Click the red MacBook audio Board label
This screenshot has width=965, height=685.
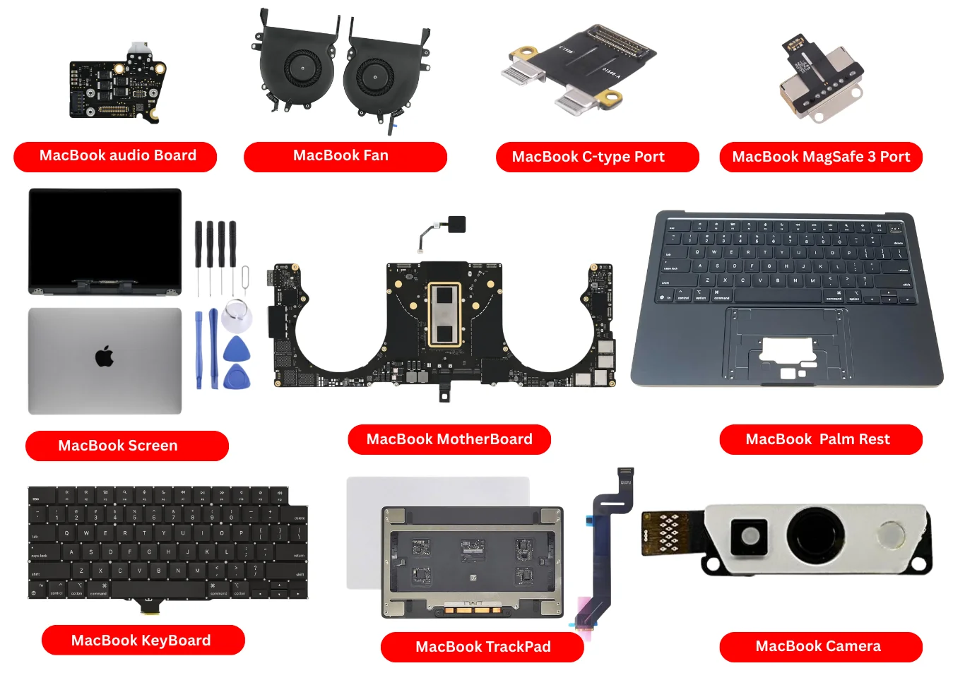click(115, 156)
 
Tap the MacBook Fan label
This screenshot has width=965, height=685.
click(345, 156)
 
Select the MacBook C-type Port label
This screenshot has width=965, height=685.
click(597, 157)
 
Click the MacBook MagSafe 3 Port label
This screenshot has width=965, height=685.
click(821, 157)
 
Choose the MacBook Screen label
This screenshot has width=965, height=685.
click(127, 446)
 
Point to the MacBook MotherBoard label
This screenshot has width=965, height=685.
click(449, 439)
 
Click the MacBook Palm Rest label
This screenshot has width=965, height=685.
click(821, 439)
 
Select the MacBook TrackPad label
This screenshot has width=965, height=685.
click(482, 647)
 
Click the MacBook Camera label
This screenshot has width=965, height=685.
click(821, 646)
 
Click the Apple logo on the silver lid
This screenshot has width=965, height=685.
click(105, 357)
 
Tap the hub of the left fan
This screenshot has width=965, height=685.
click(303, 68)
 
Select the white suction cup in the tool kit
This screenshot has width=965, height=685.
click(237, 316)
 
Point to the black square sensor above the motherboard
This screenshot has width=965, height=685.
click(456, 225)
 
